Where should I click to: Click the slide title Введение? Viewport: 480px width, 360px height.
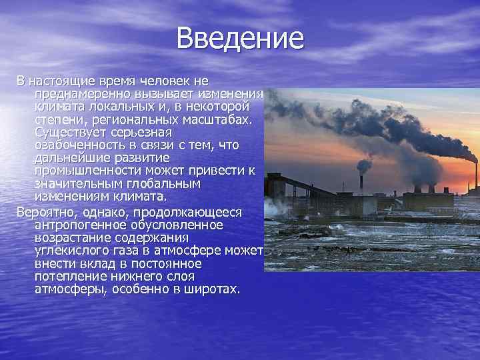(240, 37)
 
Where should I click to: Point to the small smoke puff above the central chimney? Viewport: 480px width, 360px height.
(364, 165)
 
